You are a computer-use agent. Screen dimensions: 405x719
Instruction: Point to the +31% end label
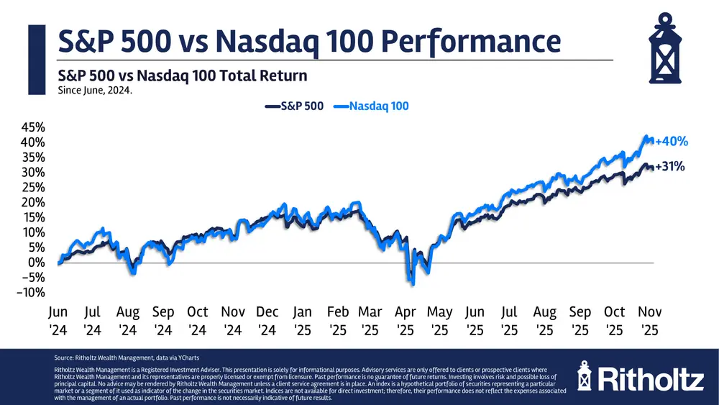tap(669, 167)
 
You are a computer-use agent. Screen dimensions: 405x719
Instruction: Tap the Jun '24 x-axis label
tap(58, 319)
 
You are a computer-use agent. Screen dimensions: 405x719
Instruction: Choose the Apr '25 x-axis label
tap(403, 319)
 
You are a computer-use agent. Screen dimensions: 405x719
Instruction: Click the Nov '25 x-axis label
tap(650, 319)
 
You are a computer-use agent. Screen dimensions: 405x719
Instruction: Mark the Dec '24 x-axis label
tap(267, 319)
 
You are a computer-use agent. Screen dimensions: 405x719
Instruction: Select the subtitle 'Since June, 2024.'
tap(94, 91)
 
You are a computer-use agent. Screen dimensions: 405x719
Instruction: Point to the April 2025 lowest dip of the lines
tap(413, 283)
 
